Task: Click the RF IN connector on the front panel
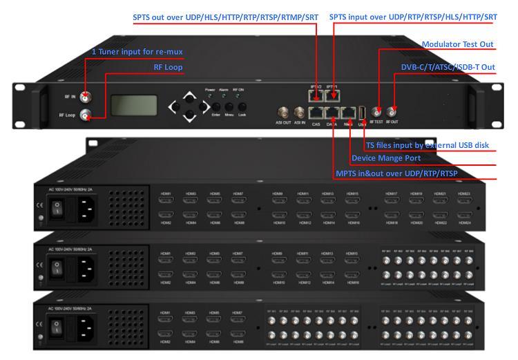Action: (x=85, y=97)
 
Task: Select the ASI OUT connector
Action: (x=283, y=112)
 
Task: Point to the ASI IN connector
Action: (x=300, y=112)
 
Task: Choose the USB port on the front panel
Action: (x=363, y=111)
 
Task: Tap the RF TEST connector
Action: (x=377, y=111)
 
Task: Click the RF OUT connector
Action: (x=392, y=111)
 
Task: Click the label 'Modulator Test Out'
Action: (x=457, y=44)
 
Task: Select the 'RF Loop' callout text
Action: (x=169, y=67)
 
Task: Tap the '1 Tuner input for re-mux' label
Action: (x=137, y=52)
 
